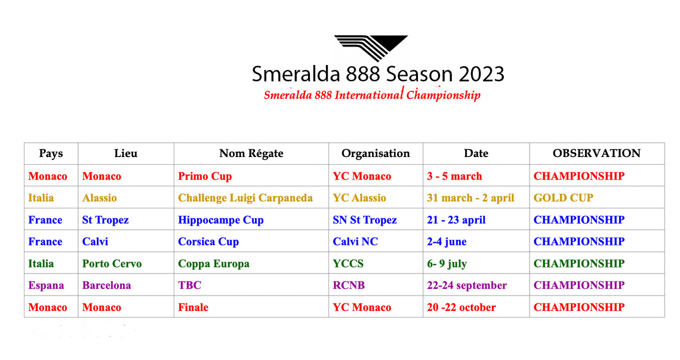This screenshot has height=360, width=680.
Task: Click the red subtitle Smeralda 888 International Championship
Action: click(372, 94)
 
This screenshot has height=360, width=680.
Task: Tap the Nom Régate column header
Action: click(251, 153)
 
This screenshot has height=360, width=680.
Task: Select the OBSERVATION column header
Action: click(596, 153)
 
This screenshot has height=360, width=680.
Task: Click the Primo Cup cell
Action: click(205, 177)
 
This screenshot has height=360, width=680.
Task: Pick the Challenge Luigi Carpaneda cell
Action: click(245, 198)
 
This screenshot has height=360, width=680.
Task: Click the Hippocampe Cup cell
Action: click(221, 220)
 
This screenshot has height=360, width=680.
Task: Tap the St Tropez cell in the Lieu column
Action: click(106, 220)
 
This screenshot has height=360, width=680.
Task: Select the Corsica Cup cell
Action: click(208, 242)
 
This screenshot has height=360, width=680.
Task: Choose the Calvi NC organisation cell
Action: click(355, 242)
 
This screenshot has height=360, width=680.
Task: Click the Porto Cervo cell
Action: click(112, 264)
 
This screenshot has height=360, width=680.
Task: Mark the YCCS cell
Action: click(348, 264)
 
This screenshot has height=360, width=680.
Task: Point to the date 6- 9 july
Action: click(447, 264)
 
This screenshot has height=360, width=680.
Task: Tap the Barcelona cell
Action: click(106, 285)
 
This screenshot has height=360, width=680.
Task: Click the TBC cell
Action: click(189, 285)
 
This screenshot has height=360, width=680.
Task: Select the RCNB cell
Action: click(349, 285)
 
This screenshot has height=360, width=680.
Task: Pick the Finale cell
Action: click(193, 307)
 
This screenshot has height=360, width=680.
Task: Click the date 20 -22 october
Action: click(461, 307)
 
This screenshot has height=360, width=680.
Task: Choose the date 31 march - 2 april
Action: click(470, 198)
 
